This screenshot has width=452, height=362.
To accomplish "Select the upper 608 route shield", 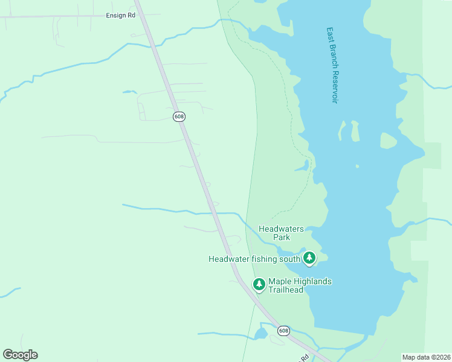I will click(x=179, y=116).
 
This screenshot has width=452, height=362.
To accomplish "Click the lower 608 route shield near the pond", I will click(x=284, y=331).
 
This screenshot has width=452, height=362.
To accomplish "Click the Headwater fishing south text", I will click(x=254, y=259).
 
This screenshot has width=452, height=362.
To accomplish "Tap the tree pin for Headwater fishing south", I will click(x=309, y=258).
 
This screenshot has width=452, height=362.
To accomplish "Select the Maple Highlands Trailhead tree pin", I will click(x=259, y=284).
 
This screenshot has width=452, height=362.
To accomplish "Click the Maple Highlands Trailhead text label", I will click(x=300, y=285).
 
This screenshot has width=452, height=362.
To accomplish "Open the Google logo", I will click(x=20, y=355).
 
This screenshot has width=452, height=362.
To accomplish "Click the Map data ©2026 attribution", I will click(x=426, y=357).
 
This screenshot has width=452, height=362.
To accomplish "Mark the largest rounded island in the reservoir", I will click(x=388, y=141).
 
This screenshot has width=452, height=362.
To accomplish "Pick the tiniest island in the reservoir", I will click(x=357, y=166).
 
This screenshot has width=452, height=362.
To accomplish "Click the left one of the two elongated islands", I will click(x=343, y=130).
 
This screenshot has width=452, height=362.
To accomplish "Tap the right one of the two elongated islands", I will click(x=355, y=130).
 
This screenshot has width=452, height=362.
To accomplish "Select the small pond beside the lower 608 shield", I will click(x=261, y=334).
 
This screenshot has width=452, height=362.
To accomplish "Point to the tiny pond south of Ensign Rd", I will click(x=129, y=92).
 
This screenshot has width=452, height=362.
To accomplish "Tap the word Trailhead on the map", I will click(x=285, y=290).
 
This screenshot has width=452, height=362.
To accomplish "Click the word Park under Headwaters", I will click(x=281, y=237).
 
